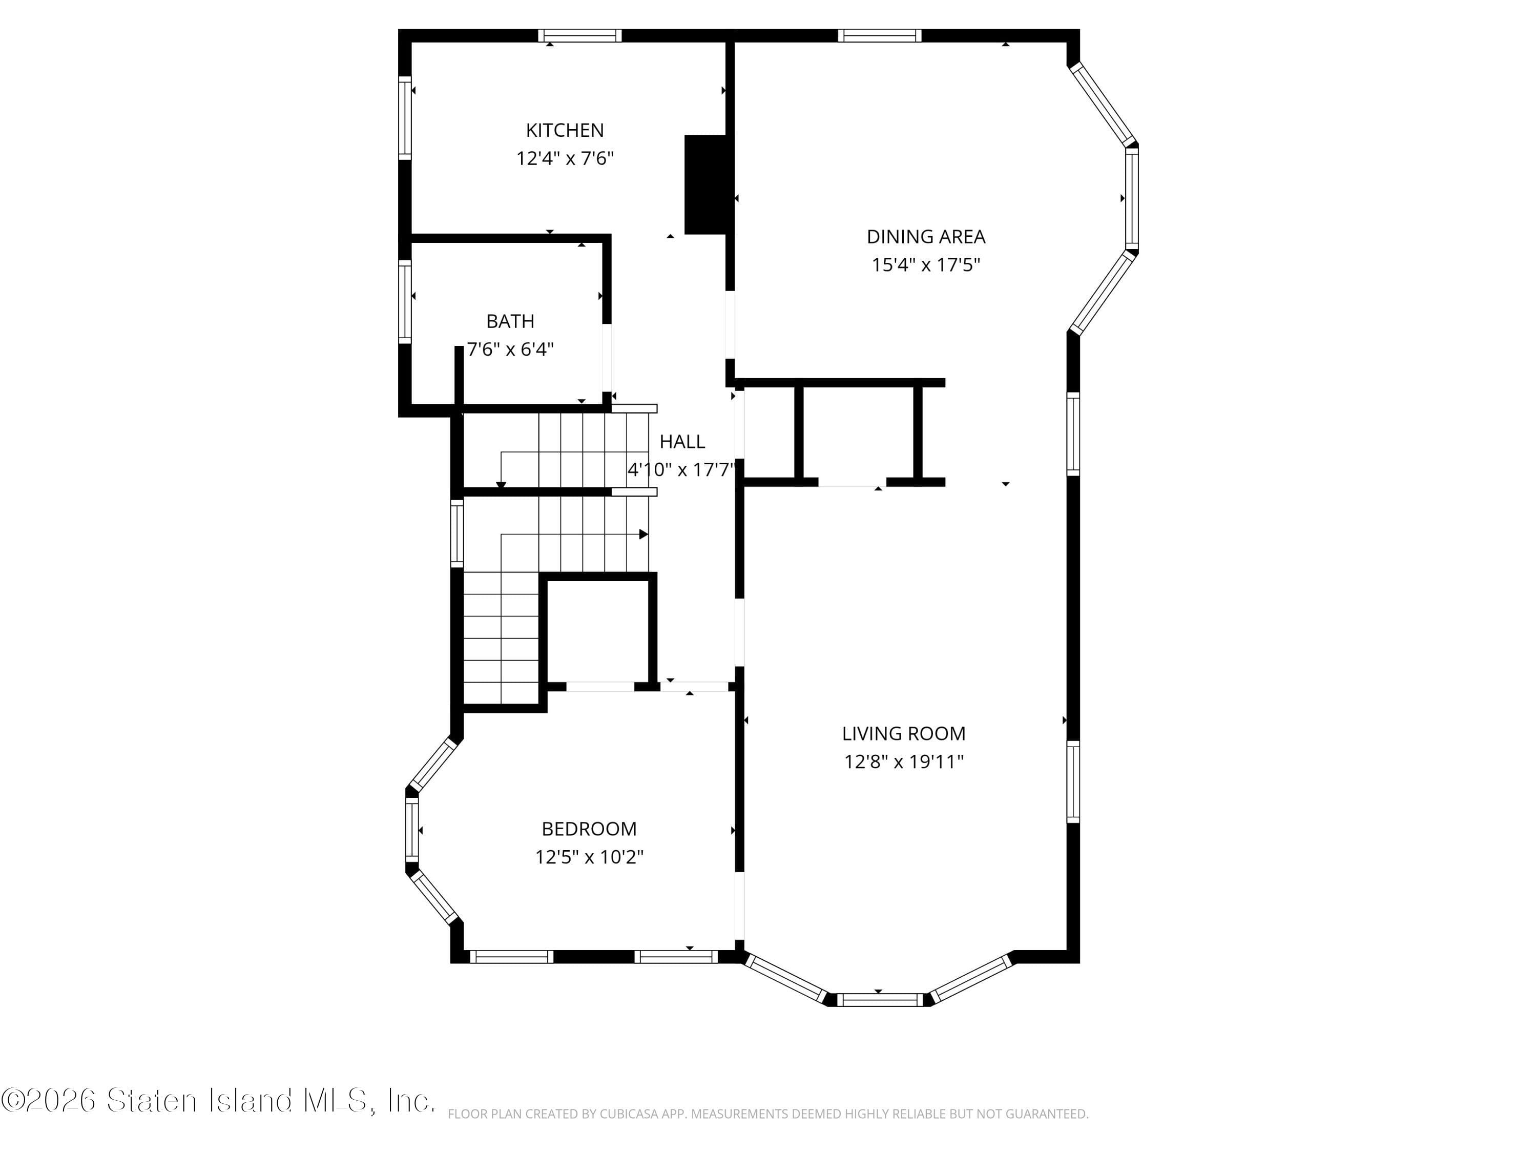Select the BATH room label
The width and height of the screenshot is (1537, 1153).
(x=510, y=321)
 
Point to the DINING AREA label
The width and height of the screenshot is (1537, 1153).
(x=926, y=236)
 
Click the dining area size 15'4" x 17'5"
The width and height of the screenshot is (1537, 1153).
(x=926, y=265)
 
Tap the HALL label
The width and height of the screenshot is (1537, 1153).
(x=681, y=441)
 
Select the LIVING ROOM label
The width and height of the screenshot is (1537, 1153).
(x=903, y=733)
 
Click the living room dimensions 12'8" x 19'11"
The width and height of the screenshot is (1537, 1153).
(x=903, y=761)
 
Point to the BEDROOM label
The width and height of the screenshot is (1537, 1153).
(x=589, y=829)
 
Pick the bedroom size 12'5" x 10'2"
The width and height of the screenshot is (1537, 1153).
(x=589, y=857)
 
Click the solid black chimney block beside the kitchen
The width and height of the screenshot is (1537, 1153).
(x=705, y=184)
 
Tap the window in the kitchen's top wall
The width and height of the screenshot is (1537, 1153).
(x=580, y=35)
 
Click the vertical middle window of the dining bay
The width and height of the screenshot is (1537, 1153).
(x=1132, y=199)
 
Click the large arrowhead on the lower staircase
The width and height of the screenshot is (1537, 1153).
(x=643, y=534)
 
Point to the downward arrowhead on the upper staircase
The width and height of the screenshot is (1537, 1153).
(x=501, y=484)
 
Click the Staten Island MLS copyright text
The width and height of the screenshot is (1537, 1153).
(x=218, y=1100)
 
